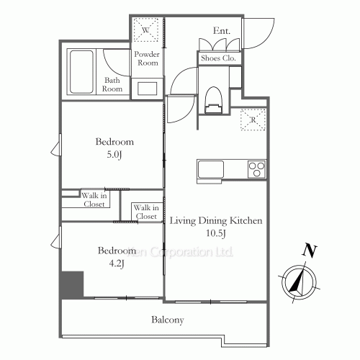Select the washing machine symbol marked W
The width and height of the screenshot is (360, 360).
(x=146, y=31)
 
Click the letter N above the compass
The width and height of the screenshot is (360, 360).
(x=310, y=251)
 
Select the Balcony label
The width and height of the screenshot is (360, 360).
(x=167, y=320)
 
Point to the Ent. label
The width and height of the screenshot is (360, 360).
(x=222, y=30)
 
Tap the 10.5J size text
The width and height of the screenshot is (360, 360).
(x=217, y=233)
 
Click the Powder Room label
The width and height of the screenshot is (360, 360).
(x=147, y=58)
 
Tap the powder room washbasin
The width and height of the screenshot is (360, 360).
(x=148, y=89)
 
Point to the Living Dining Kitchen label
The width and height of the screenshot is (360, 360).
(x=215, y=220)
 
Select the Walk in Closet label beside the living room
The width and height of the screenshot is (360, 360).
(x=145, y=212)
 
